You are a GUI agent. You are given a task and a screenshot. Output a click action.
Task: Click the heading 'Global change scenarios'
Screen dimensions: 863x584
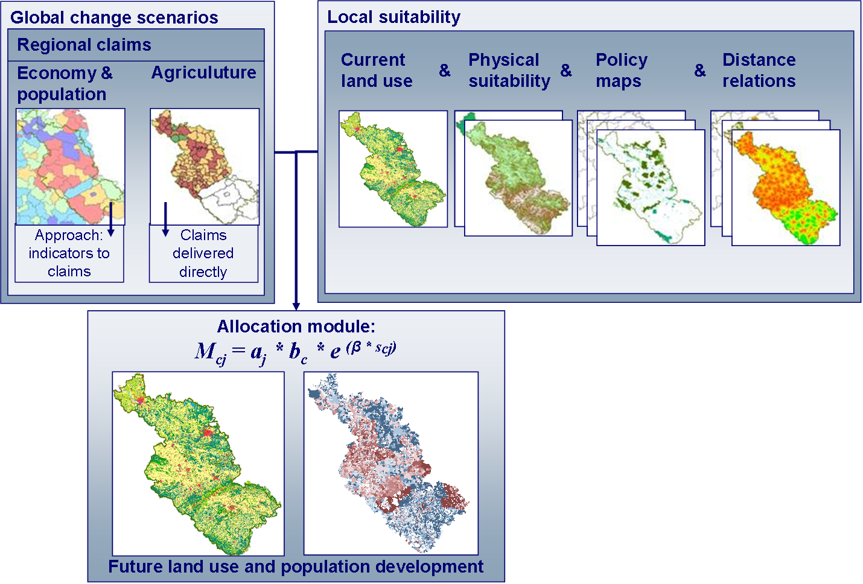click(114, 17)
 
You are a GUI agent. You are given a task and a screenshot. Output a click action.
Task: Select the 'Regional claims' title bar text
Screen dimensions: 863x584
click(84, 45)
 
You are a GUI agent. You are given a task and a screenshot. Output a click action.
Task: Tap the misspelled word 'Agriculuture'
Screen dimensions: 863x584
click(204, 73)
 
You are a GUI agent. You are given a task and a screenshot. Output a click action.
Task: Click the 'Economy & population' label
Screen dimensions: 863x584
click(65, 84)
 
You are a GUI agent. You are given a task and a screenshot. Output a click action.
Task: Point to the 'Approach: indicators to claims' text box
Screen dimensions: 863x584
click(69, 253)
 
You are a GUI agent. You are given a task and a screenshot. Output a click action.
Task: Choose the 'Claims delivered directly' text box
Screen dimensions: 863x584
click(203, 253)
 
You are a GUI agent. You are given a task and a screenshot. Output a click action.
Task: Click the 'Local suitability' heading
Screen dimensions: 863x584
click(393, 17)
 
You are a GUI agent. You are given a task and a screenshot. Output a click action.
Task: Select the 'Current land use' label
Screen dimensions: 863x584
click(377, 70)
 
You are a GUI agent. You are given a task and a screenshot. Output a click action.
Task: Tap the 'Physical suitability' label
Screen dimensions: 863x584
click(509, 71)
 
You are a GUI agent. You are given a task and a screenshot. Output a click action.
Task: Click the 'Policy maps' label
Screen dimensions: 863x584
click(622, 71)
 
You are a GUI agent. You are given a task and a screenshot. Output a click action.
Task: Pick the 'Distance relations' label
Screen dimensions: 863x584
click(759, 70)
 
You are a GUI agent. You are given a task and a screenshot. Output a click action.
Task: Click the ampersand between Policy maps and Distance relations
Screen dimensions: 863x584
click(700, 71)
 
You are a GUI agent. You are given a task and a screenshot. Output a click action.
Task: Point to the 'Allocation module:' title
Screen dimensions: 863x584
click(296, 326)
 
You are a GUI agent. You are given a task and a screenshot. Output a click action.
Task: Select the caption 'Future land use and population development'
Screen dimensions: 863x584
click(296, 567)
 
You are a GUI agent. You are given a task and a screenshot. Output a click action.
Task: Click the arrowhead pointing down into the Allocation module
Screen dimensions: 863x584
click(296, 306)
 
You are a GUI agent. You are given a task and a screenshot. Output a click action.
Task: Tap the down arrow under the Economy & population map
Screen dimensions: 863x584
click(111, 219)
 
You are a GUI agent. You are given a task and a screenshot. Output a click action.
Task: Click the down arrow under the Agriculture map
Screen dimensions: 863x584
click(166, 219)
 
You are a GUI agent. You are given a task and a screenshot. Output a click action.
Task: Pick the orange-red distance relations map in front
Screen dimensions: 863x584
click(786, 188)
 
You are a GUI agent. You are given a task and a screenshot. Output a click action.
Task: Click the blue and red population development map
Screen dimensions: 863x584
click(391, 463)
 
